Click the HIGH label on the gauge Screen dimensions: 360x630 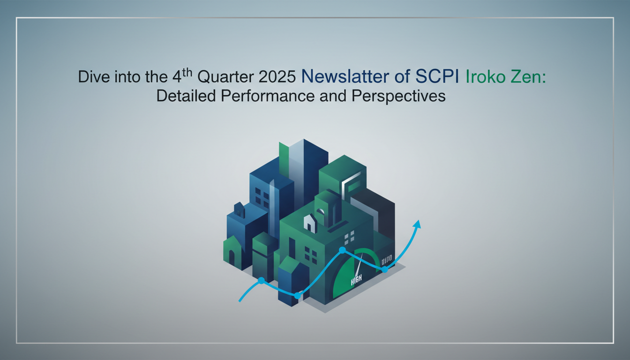point(357,282)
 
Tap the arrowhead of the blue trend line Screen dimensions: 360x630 point(416,224)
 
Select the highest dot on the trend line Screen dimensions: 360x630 point(342,250)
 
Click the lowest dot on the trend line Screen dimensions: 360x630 point(297,295)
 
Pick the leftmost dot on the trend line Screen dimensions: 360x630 point(261,280)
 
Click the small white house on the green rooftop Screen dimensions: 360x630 point(309,223)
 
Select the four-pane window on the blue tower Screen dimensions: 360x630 point(262,197)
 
